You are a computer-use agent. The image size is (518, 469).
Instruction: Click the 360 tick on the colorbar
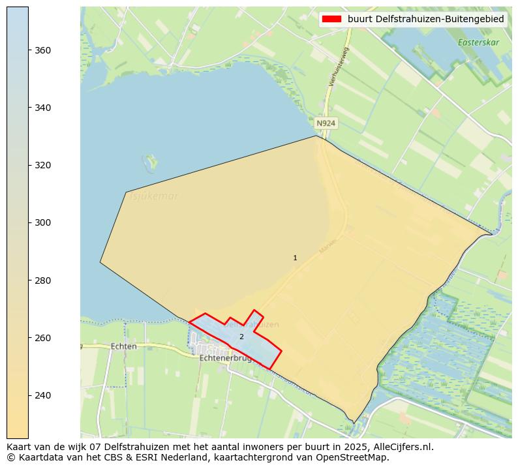[x=43, y=50]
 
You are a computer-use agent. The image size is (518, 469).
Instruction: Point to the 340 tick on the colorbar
[x=43, y=108]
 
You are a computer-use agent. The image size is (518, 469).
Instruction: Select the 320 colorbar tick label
[x=43, y=165]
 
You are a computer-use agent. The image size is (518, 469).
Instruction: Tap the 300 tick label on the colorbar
[x=43, y=222]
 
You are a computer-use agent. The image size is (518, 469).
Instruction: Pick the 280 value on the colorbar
[x=43, y=280]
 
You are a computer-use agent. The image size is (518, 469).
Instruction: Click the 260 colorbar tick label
[x=43, y=338]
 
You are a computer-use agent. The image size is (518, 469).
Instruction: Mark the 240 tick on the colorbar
[x=43, y=395]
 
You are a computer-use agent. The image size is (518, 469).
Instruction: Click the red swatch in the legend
[x=331, y=20]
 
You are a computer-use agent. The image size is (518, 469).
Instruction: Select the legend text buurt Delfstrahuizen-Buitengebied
[x=425, y=20]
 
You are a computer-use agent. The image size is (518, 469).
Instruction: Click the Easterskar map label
[x=478, y=42]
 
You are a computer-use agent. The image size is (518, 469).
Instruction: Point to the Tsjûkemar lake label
[x=154, y=196]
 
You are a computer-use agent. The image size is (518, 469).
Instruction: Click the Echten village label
[x=124, y=346]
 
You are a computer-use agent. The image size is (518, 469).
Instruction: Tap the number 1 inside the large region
[x=295, y=258]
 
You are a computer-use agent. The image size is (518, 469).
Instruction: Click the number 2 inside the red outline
[x=241, y=337]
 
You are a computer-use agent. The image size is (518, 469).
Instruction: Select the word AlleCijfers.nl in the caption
[x=400, y=447]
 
